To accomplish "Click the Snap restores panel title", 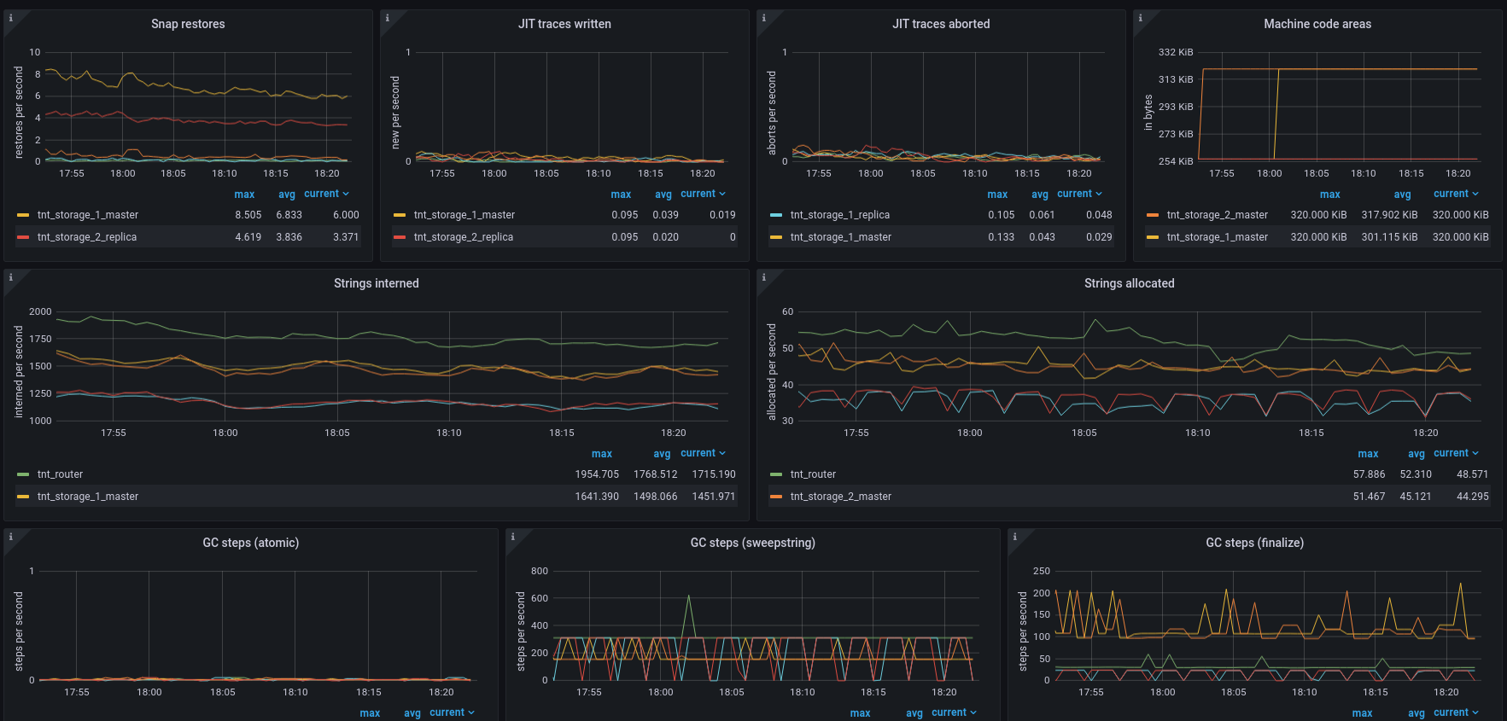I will (188, 24).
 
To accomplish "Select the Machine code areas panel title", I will (1317, 24).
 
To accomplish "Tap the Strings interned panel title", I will (376, 283).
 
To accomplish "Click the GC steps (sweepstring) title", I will (752, 543).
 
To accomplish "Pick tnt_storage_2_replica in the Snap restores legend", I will (87, 237).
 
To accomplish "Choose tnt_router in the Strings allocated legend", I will (813, 474).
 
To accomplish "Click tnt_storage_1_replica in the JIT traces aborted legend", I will (839, 215).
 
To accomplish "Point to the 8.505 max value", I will (248, 215).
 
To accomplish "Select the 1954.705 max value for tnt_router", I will (596, 474).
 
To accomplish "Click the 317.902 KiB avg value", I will (1389, 215).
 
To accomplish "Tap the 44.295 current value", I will (1472, 497).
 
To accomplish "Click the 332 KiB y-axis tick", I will (1175, 52).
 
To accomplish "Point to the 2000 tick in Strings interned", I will (40, 311).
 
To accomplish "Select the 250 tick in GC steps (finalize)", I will (1042, 571).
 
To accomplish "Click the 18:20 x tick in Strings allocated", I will (1425, 433).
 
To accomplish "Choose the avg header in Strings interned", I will (662, 454).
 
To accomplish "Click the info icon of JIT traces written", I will (387, 18).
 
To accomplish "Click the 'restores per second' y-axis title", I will (19, 113).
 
